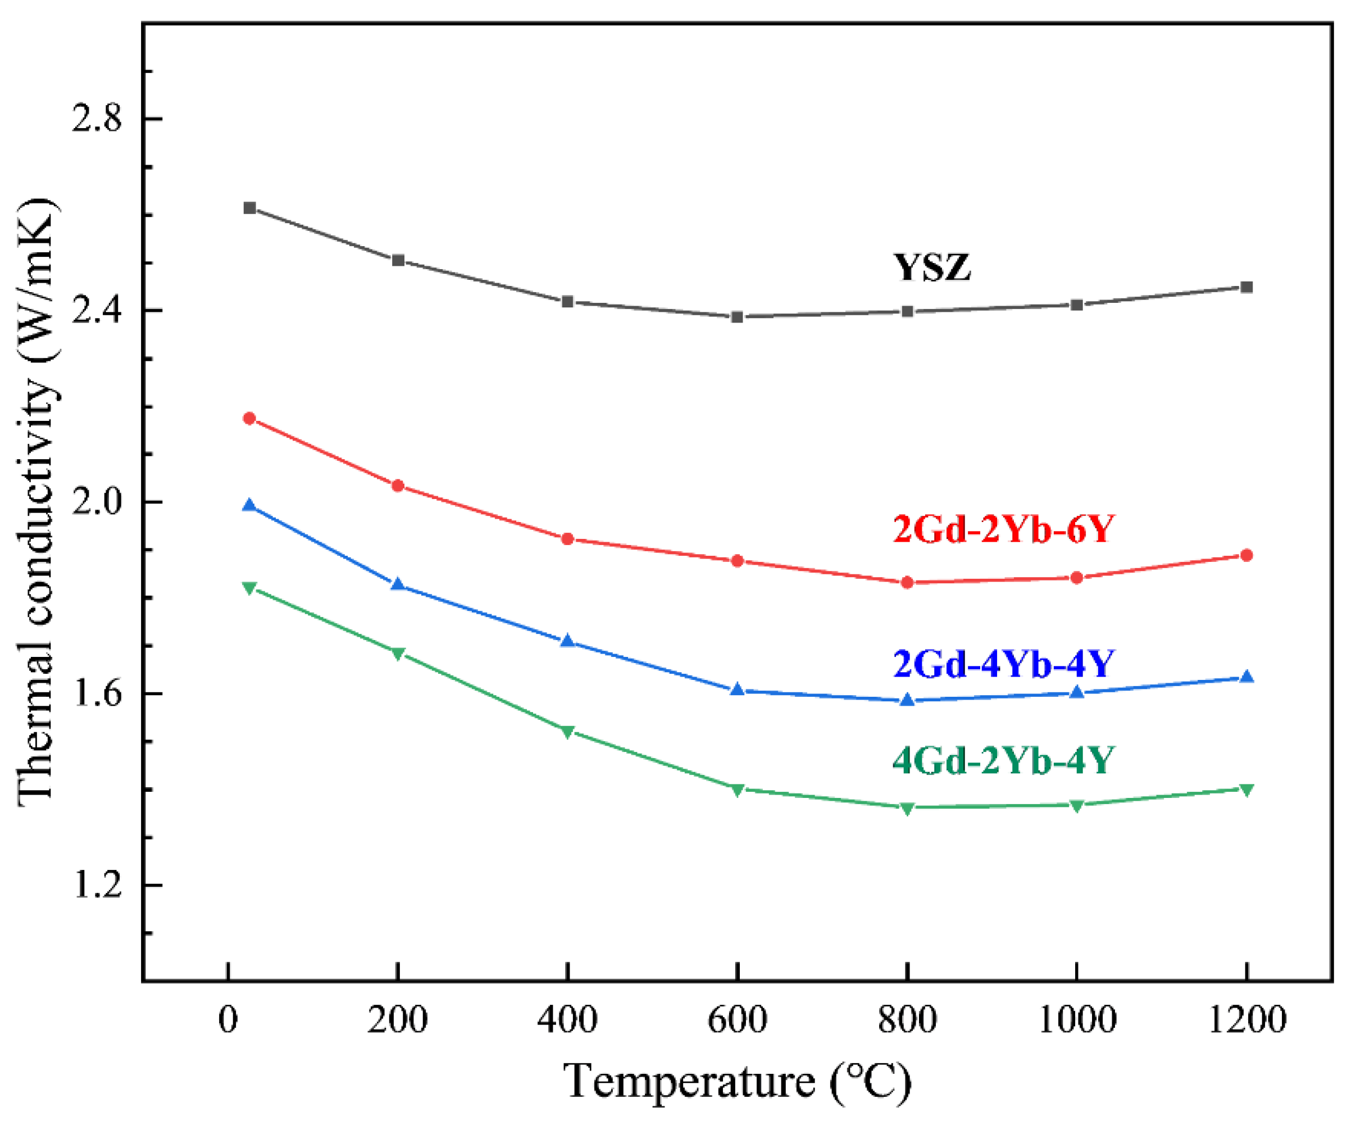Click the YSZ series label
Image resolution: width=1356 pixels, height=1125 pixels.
coord(932,267)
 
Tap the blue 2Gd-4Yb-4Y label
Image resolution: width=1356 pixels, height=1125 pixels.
coord(1003,663)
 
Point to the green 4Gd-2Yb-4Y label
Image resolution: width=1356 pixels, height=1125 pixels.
coord(1003,760)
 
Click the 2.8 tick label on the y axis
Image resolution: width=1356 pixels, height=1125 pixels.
coord(96,120)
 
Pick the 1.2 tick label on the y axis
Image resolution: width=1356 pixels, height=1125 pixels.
coord(96,884)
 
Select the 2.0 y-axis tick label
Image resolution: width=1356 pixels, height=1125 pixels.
coord(96,502)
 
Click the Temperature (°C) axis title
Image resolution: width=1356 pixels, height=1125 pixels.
coord(738,1082)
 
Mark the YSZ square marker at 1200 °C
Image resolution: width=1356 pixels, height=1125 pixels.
coord(1246,287)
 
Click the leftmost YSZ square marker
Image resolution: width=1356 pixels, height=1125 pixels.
coord(250,208)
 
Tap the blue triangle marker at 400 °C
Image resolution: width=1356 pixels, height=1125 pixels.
coord(567,641)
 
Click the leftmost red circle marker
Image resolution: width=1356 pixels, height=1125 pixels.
coord(250,419)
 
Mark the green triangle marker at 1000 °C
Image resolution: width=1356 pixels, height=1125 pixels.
coord(1076,805)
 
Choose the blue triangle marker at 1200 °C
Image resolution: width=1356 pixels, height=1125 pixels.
coord(1246,677)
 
